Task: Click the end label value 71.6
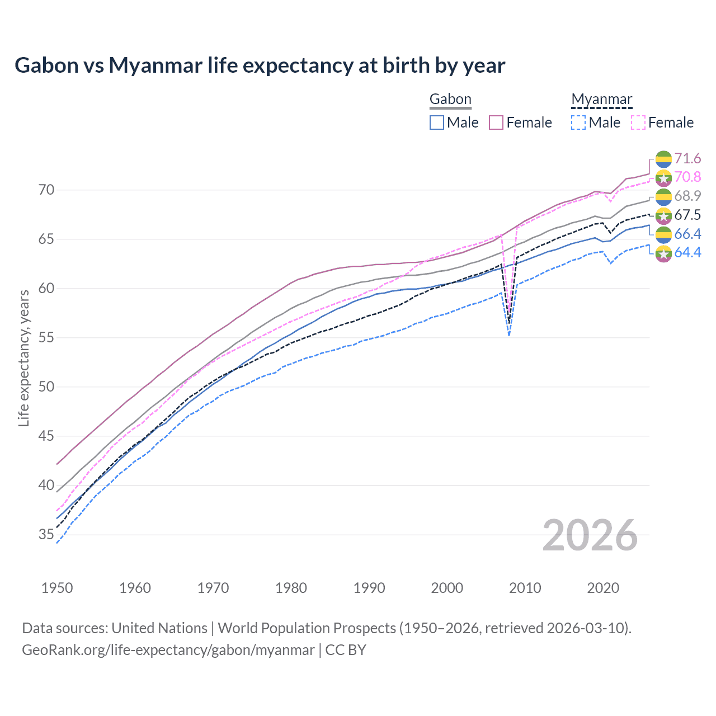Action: point(687,159)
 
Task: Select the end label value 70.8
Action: point(687,177)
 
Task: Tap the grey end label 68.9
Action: point(687,196)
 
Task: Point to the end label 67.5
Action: point(687,215)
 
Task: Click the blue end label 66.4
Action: point(687,234)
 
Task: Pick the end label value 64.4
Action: point(687,253)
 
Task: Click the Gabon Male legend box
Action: point(437,123)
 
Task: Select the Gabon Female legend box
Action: point(496,123)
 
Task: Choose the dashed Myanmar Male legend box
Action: point(578,123)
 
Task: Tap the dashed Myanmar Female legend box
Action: point(638,123)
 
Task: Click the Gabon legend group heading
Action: point(450,100)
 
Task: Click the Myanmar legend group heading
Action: point(601,100)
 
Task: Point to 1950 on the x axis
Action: point(57,588)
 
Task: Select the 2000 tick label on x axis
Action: point(447,588)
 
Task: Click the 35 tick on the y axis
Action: point(46,535)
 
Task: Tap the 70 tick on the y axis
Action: point(46,190)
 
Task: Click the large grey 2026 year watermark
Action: point(590,536)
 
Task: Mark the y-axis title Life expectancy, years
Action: point(24,358)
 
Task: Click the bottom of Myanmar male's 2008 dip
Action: point(508,335)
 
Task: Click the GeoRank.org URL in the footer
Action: point(168,650)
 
